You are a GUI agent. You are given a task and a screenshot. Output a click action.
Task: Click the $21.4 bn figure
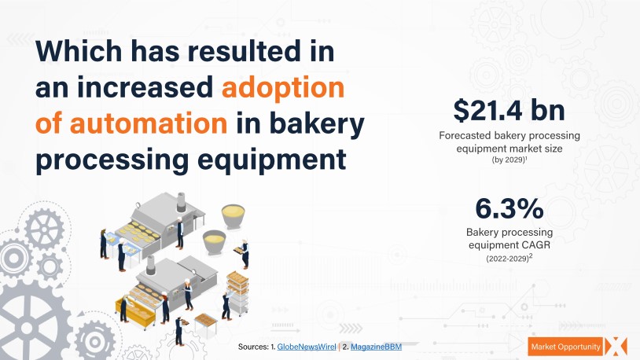509,110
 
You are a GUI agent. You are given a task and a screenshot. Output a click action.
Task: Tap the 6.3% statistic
509,208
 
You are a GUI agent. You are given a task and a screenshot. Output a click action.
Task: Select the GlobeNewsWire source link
306,347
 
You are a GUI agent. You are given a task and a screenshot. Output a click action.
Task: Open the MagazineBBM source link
376,347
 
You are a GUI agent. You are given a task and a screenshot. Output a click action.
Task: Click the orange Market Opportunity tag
565,347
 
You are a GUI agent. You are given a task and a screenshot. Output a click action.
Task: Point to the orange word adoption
283,88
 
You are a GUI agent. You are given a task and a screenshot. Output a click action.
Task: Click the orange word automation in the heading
149,123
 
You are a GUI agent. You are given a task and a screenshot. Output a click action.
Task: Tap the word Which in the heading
79,51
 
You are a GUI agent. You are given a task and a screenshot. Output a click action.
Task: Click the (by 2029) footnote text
509,160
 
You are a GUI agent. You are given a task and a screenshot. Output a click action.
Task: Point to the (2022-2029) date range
509,259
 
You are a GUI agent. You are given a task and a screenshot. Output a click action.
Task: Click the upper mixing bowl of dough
233,215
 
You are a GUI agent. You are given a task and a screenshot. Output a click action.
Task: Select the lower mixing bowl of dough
214,241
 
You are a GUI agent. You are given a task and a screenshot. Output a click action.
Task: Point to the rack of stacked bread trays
237,291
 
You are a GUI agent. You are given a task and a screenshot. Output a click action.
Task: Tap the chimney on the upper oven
181,202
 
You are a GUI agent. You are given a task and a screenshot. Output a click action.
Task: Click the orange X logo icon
616,347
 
